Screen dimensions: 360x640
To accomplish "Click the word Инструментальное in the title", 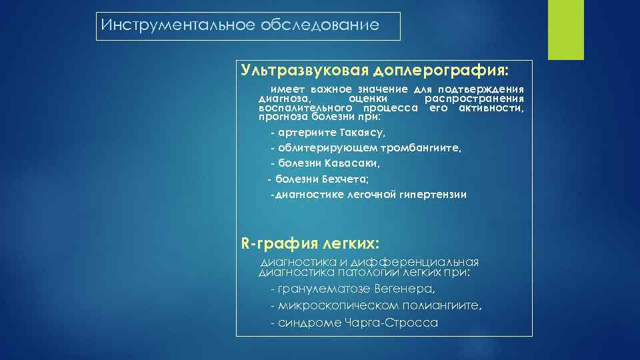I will tap(160, 26).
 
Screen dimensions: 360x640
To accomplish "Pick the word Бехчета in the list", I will tap(341, 179).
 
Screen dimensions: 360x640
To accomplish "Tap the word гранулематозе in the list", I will tap(322, 289).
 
